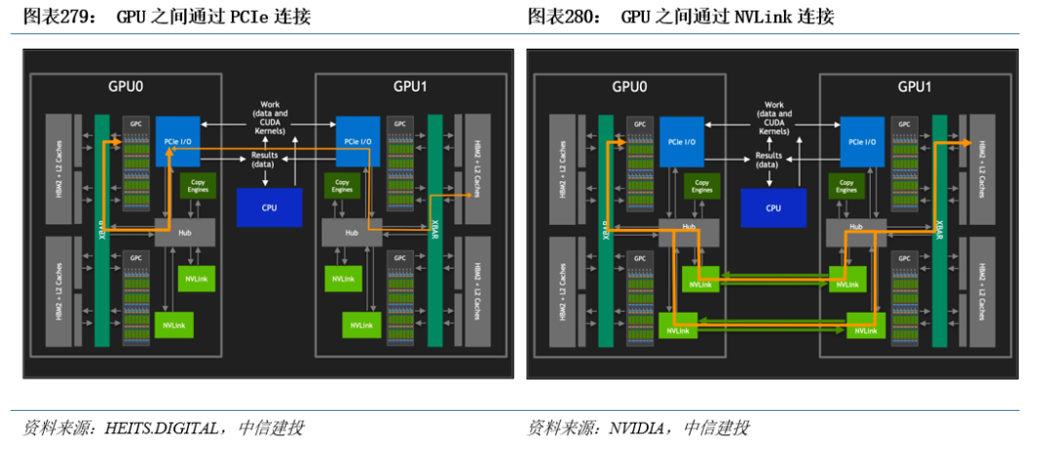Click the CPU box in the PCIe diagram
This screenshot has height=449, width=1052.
click(x=269, y=207)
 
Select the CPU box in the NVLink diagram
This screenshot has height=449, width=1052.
click(x=773, y=207)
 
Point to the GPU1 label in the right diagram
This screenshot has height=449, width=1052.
click(x=915, y=87)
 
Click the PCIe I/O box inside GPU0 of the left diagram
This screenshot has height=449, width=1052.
click(x=178, y=140)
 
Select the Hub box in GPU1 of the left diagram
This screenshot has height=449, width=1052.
click(x=352, y=232)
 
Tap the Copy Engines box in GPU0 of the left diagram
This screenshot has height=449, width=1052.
click(x=198, y=185)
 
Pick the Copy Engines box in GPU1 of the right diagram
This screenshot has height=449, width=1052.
click(x=846, y=185)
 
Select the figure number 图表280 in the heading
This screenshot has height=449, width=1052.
click(x=559, y=18)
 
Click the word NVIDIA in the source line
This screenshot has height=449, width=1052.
click(x=639, y=428)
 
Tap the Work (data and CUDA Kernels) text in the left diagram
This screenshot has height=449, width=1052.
click(x=270, y=118)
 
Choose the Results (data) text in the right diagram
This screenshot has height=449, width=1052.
click(x=769, y=160)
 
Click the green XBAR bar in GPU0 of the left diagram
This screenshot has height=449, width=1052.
click(x=102, y=230)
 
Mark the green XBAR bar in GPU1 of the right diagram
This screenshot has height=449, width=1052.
click(x=939, y=230)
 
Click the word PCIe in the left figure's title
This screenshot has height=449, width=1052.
click(x=256, y=18)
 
